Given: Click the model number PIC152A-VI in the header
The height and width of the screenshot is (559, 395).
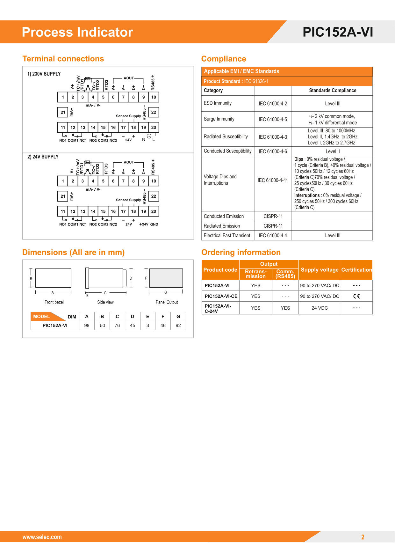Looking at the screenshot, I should pyautogui.click(x=338, y=32).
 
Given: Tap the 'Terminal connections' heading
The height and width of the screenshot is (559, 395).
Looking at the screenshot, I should pyautogui.click(x=63, y=59).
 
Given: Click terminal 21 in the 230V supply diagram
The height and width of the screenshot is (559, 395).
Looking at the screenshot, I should pyautogui.click(x=63, y=112).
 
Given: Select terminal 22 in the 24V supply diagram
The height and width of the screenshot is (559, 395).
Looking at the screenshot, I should pyautogui.click(x=154, y=196).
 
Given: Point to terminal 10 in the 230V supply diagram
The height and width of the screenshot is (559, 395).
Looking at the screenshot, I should pyautogui.click(x=154, y=97).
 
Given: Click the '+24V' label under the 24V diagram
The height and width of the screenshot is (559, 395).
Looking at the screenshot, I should pyautogui.click(x=144, y=224).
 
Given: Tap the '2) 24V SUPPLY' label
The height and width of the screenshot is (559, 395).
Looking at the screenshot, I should pyautogui.click(x=43, y=157).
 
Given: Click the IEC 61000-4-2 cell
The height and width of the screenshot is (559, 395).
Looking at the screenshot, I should pyautogui.click(x=273, y=104).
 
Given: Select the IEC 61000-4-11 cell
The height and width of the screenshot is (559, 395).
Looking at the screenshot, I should pyautogui.click(x=273, y=180).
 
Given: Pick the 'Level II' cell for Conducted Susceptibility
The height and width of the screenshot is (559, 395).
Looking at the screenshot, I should pyautogui.click(x=332, y=151).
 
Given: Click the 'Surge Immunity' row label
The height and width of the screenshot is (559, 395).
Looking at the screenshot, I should pyautogui.click(x=219, y=119).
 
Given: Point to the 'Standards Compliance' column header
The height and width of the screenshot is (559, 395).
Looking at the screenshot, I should pyautogui.click(x=333, y=91).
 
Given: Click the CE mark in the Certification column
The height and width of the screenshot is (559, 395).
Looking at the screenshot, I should pyautogui.click(x=357, y=296).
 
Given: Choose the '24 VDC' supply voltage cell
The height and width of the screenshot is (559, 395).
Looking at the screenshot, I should pyautogui.click(x=320, y=308).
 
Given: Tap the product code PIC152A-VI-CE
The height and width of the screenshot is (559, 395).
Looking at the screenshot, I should pyautogui.click(x=221, y=296).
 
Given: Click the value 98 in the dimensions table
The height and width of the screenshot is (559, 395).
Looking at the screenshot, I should pyautogui.click(x=87, y=326).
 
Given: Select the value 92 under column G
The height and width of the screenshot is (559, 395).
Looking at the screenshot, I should pyautogui.click(x=178, y=326).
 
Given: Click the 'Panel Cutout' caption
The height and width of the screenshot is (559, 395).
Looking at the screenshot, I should pyautogui.click(x=167, y=302).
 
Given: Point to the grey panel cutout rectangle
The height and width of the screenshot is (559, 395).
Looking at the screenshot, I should pyautogui.click(x=166, y=278).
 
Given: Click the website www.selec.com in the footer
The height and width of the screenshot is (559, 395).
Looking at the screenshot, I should pyautogui.click(x=42, y=537).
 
